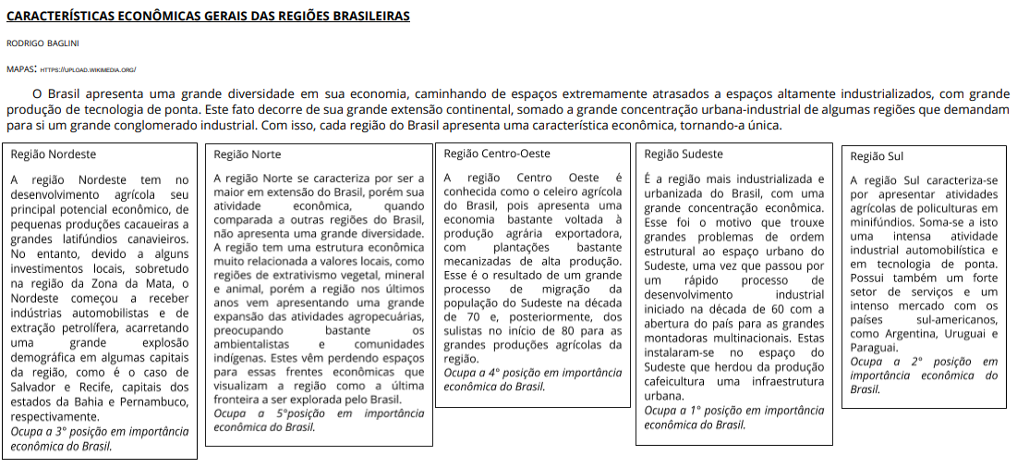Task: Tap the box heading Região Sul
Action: (x=877, y=156)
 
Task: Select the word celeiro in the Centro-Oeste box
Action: (x=554, y=192)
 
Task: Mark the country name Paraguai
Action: (x=875, y=347)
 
